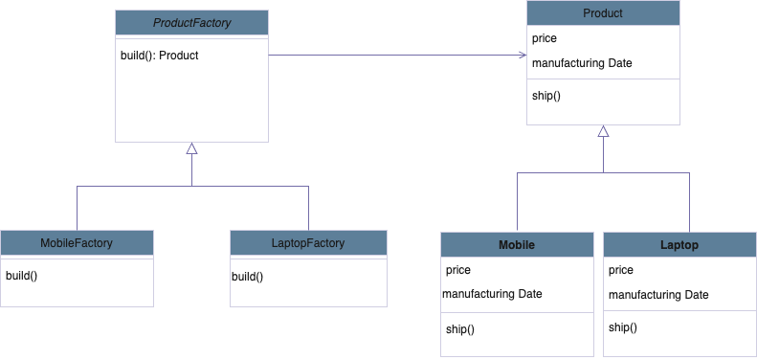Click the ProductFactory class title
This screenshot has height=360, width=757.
click(x=191, y=22)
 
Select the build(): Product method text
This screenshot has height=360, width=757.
click(x=159, y=56)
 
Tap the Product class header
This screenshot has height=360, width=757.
click(x=603, y=13)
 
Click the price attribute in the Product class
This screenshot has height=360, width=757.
click(x=545, y=39)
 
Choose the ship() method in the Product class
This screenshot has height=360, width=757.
click(x=545, y=95)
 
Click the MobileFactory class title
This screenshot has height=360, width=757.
click(x=77, y=243)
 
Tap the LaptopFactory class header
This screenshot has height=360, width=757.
click(x=308, y=243)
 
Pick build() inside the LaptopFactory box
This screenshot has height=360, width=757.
click(x=247, y=277)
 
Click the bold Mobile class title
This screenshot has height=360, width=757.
click(x=517, y=245)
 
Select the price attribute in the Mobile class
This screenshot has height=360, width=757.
click(x=458, y=270)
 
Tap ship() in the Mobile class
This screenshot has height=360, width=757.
click(x=459, y=328)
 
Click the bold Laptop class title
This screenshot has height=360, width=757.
click(x=679, y=245)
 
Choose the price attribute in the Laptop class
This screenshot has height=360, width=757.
click(x=620, y=271)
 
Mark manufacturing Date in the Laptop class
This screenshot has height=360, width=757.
click(x=658, y=295)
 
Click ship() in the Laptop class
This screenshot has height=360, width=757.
click(x=622, y=327)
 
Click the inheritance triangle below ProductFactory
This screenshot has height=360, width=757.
click(x=191, y=148)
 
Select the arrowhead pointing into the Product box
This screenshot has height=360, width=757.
click(x=521, y=56)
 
